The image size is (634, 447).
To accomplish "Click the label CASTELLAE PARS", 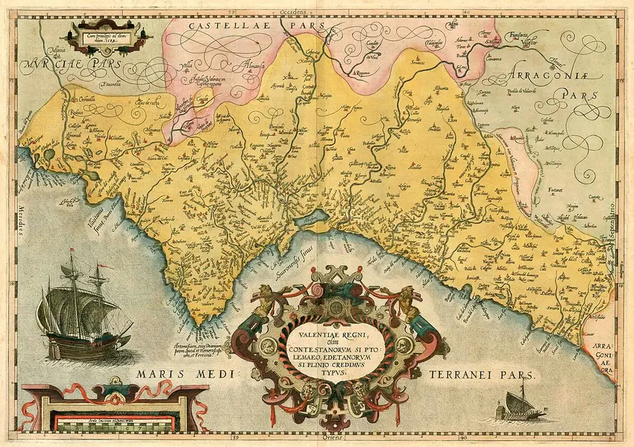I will tap(225, 26).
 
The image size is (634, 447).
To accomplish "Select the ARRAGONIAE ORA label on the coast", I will tap(604, 356).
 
